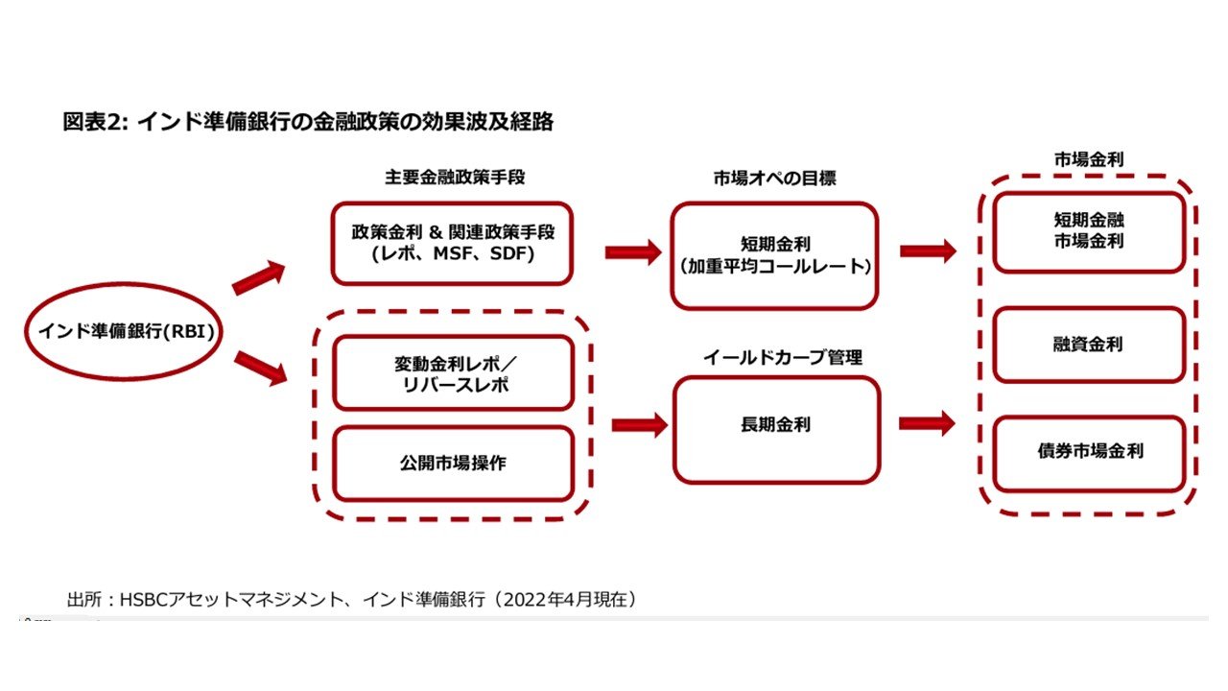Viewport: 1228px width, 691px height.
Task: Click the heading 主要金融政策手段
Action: pos(455,178)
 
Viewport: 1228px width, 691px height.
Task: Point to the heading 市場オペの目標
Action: pos(774,179)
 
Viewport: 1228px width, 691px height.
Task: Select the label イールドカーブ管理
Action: pos(783,358)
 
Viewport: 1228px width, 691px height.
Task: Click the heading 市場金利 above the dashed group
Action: pos(1089,159)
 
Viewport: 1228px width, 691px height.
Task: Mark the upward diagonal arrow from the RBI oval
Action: pos(259,278)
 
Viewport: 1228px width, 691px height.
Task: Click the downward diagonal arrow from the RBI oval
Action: pos(260,368)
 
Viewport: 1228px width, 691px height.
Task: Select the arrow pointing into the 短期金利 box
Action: pos(633,252)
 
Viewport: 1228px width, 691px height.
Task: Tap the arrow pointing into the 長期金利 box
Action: pos(640,425)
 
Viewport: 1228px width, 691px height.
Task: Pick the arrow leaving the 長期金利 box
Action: pos(927,423)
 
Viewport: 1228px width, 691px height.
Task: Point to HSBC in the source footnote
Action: pos(143,600)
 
